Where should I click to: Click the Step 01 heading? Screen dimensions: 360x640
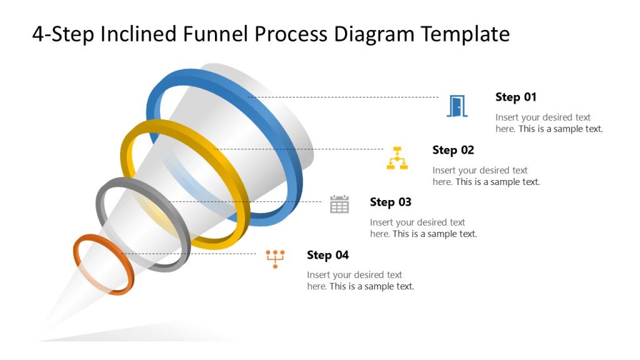pos(516,97)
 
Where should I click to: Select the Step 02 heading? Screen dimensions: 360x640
pos(453,150)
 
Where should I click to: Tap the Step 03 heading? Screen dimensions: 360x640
pos(391,202)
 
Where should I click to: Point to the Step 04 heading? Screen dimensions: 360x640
pos(327,255)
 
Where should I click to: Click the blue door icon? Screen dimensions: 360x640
pos(457,106)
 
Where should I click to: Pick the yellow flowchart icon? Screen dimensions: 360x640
pos(397,158)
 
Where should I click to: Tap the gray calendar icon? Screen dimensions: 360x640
pos(339,204)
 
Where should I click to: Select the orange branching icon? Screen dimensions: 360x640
pos(275,258)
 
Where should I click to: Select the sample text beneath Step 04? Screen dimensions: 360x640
pos(360,281)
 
